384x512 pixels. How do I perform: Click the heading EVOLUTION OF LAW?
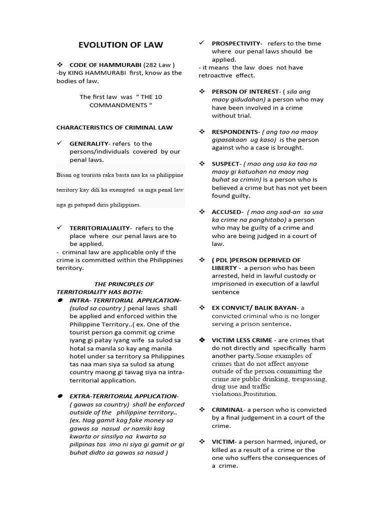120,45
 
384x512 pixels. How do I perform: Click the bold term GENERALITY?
89,143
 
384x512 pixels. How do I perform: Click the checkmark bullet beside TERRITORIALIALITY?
59,227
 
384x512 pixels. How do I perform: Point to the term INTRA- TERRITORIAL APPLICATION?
124,300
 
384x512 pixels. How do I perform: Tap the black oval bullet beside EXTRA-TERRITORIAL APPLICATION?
59,395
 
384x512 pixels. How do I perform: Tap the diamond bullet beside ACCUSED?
202,211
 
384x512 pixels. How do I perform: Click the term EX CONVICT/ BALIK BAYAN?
255,307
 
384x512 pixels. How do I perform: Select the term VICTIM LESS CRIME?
242,340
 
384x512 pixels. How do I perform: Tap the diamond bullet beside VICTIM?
202,441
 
